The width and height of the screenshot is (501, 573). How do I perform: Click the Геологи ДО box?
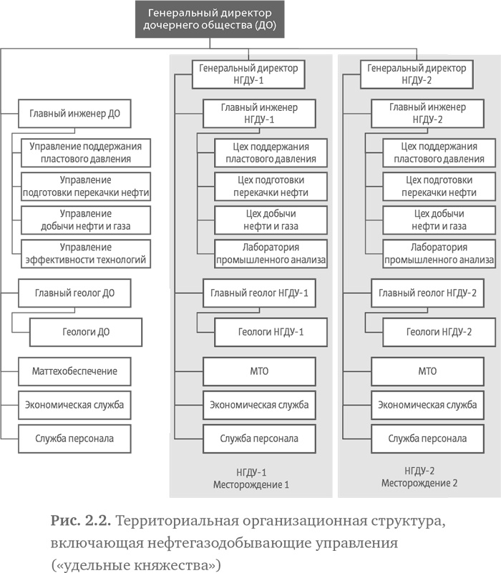point(90,332)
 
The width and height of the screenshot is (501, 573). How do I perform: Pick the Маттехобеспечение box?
point(74,371)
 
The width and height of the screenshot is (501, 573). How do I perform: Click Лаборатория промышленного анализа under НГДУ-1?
point(271,253)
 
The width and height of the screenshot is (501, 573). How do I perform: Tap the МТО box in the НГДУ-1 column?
point(259,371)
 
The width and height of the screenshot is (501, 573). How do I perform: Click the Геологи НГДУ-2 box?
point(439,332)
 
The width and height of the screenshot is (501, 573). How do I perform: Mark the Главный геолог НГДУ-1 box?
point(259,293)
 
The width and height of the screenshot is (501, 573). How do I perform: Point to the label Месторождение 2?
point(419,483)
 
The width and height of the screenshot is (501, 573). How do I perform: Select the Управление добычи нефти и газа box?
point(86,220)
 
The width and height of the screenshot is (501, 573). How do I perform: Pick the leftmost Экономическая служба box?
point(74,405)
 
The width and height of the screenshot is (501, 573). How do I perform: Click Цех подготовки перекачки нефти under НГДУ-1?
point(271,186)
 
